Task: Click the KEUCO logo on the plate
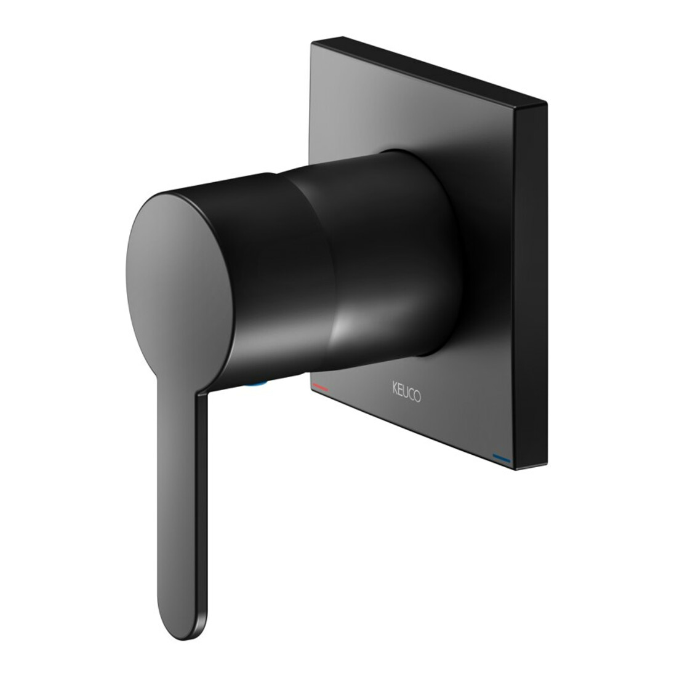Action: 407,391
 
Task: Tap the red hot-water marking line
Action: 320,387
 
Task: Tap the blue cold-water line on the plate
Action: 501,458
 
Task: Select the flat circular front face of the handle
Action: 179,289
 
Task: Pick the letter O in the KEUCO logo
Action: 417,396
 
